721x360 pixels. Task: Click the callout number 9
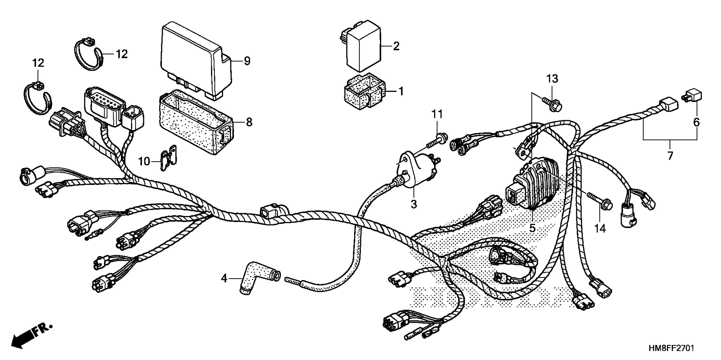pyautogui.click(x=247, y=61)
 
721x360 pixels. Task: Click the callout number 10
pyautogui.click(x=144, y=161)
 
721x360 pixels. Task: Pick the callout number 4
pyautogui.click(x=224, y=278)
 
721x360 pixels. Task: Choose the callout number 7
pyautogui.click(x=670, y=156)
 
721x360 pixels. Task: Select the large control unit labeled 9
pyautogui.click(x=196, y=60)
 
